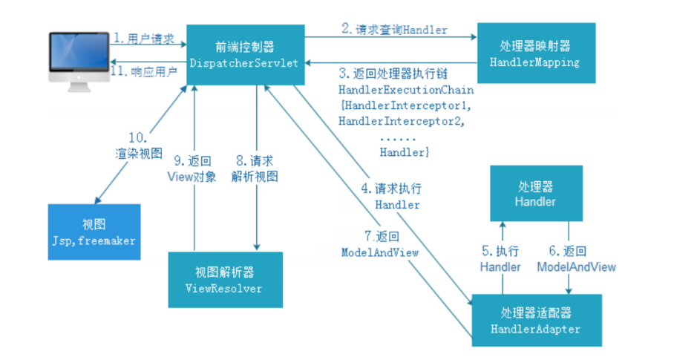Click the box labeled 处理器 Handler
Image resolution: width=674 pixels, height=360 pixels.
point(534,194)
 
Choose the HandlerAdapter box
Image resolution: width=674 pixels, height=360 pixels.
point(534,320)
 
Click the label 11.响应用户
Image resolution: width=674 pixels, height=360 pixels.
point(143,71)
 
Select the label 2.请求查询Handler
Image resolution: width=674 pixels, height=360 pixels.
point(394,30)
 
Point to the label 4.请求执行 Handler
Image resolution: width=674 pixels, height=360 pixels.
point(391,196)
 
